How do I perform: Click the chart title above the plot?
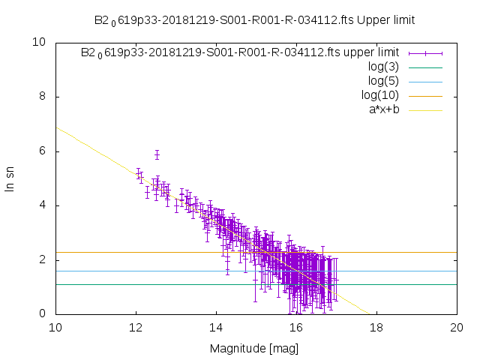click(x=254, y=19)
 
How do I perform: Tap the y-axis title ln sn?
click(x=10, y=178)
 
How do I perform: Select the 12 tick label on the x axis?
click(x=136, y=328)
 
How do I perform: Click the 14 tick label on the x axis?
click(x=216, y=328)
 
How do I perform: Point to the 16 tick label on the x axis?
click(x=296, y=328)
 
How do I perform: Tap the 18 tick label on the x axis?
click(x=376, y=328)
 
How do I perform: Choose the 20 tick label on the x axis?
click(x=457, y=328)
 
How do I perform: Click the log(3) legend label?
click(x=383, y=67)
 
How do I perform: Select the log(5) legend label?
click(x=383, y=81)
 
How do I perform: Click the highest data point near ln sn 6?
click(x=157, y=155)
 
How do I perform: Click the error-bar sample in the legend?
click(x=425, y=52)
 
